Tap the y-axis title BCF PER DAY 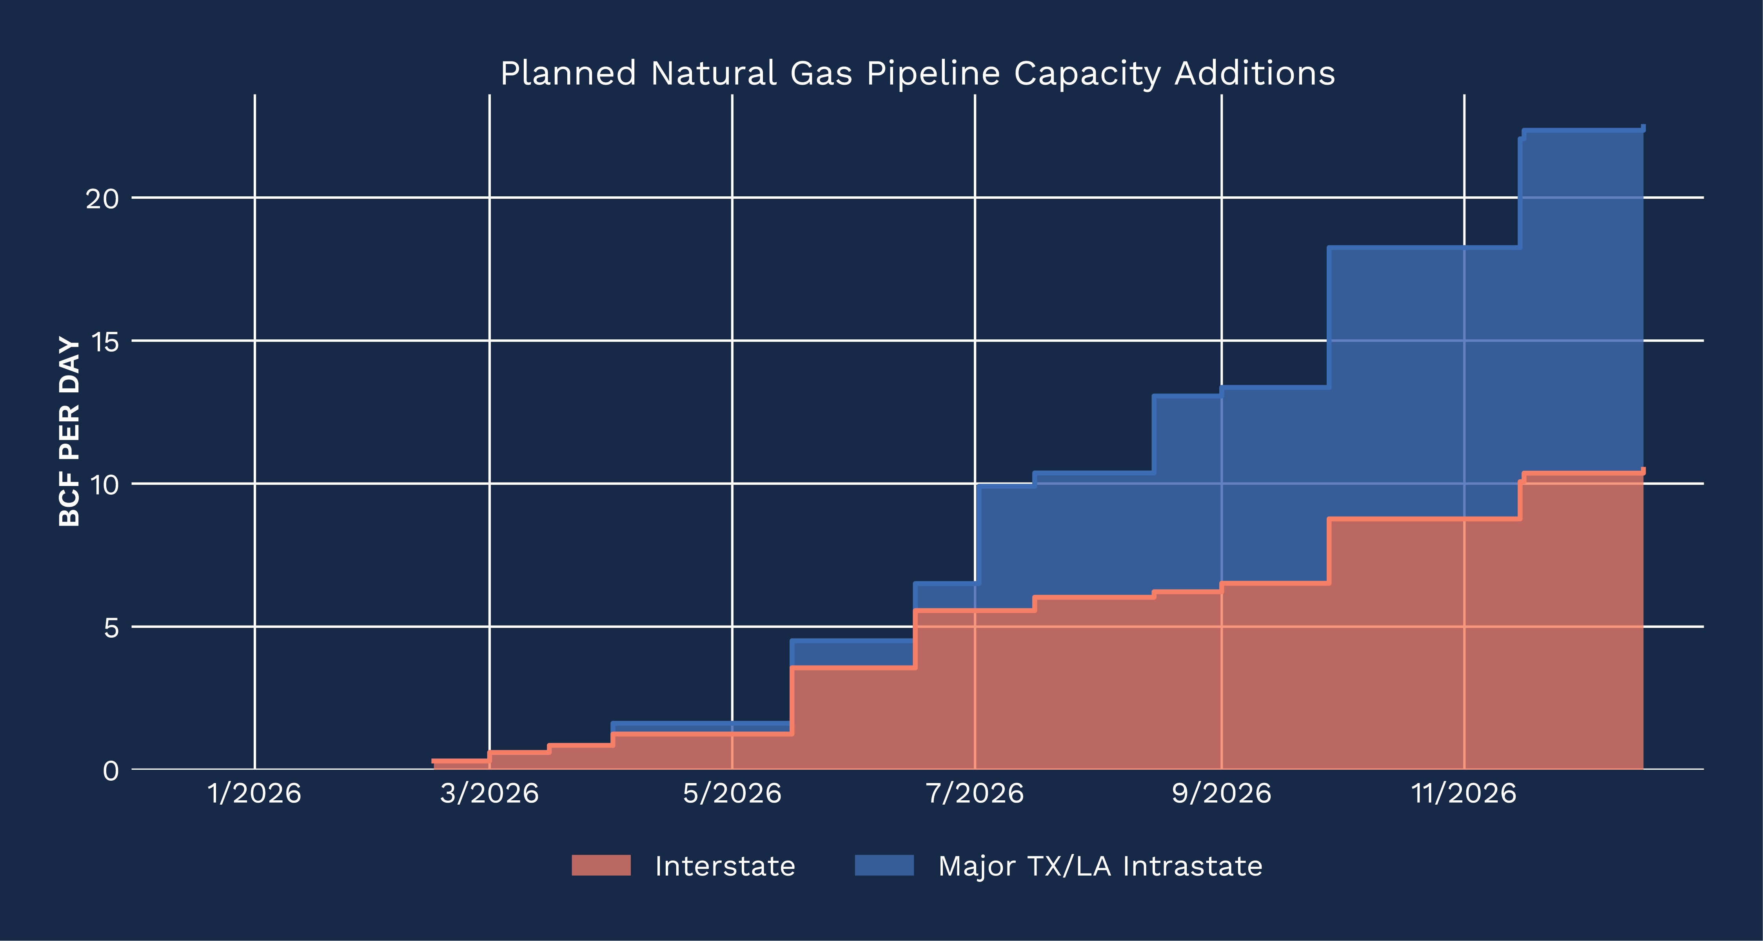pos(70,431)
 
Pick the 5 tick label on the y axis pos(111,628)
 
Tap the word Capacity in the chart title pos(1087,74)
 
